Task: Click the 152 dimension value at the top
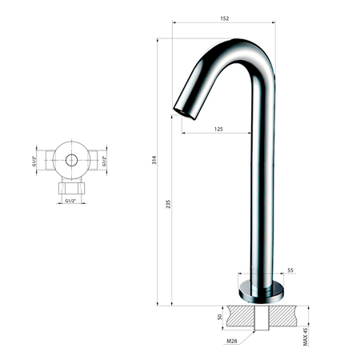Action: [224, 18]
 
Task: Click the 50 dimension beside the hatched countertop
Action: [220, 316]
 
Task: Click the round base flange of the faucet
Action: [260, 290]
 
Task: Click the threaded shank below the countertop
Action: [260, 323]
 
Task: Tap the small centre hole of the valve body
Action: [71, 160]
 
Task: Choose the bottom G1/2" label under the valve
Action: [71, 202]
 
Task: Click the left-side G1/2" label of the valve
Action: [35, 160]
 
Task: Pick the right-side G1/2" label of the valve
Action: [104, 160]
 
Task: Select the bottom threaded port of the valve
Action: [71, 188]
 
